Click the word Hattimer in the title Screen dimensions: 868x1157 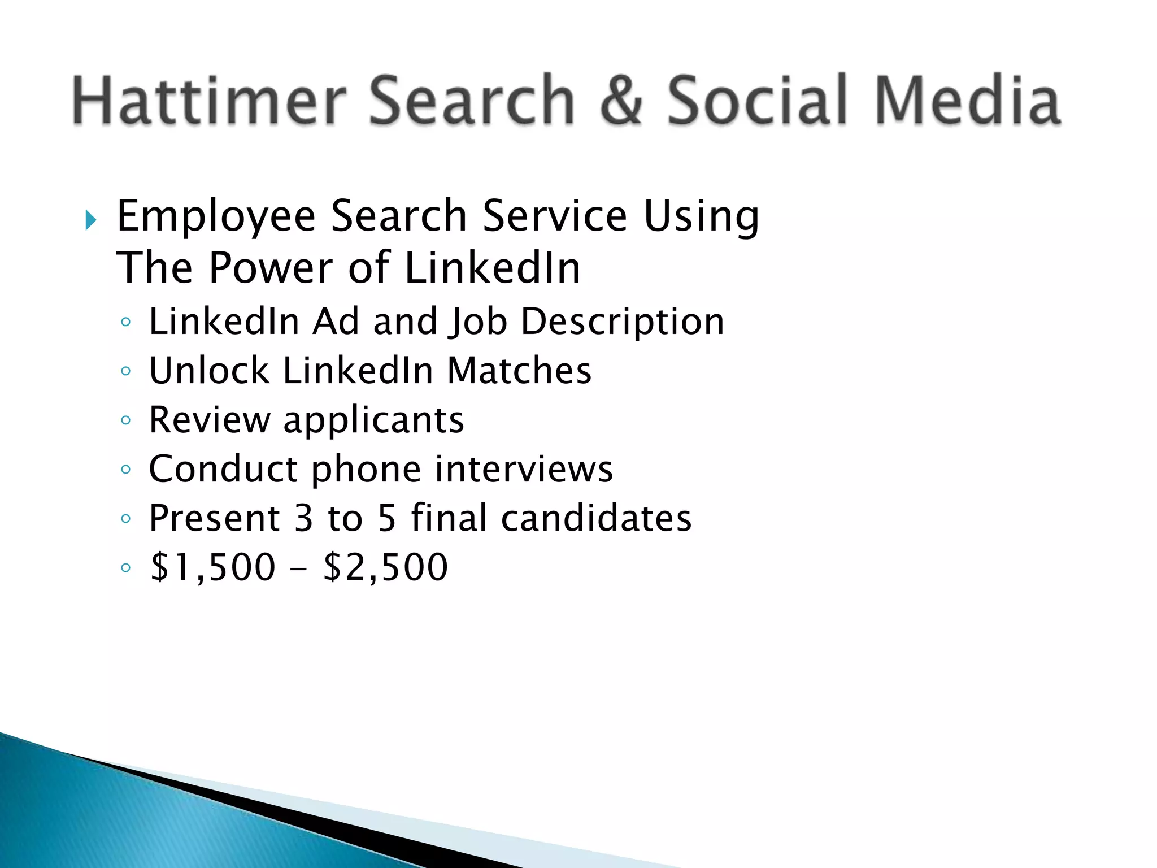209,100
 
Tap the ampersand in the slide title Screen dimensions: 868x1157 621,100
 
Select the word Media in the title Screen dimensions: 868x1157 967,100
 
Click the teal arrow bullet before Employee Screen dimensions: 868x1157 91,220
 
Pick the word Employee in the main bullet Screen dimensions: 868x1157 216,216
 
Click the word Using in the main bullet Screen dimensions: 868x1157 701,216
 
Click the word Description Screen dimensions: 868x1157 622,322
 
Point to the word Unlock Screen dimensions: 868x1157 209,371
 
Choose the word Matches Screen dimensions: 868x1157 519,371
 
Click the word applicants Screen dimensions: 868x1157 373,420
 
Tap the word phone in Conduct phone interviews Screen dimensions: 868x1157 366,470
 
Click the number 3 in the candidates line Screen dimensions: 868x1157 303,518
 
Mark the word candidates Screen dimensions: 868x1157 596,518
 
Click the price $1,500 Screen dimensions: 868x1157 213,567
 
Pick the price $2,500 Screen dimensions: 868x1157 385,567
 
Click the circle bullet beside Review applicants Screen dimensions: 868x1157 126,420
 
